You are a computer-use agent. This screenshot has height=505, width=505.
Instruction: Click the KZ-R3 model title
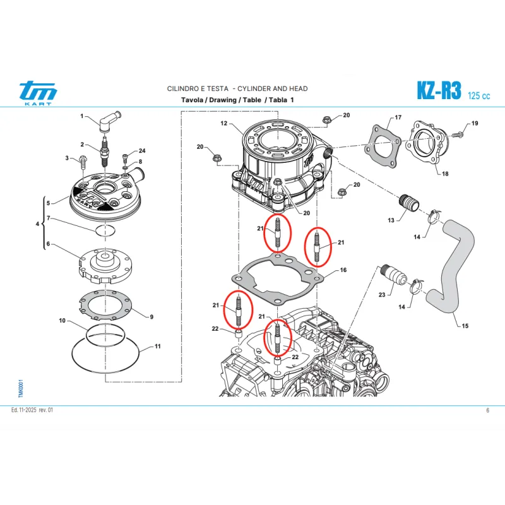tap(439, 91)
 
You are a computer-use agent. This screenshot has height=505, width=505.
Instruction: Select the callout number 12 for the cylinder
tap(223, 124)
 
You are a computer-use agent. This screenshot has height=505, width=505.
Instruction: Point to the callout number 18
tap(445, 174)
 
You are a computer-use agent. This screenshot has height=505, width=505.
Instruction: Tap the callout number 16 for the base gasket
tap(343, 270)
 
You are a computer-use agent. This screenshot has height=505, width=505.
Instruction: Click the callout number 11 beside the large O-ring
tap(158, 347)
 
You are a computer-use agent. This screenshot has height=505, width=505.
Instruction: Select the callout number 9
tap(151, 316)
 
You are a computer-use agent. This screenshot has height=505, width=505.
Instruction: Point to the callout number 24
tap(142, 151)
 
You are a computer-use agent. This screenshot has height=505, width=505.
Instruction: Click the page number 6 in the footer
tap(487, 410)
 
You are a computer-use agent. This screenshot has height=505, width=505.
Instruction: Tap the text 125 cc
tap(479, 96)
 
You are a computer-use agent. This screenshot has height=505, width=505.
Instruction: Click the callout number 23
tap(381, 294)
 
